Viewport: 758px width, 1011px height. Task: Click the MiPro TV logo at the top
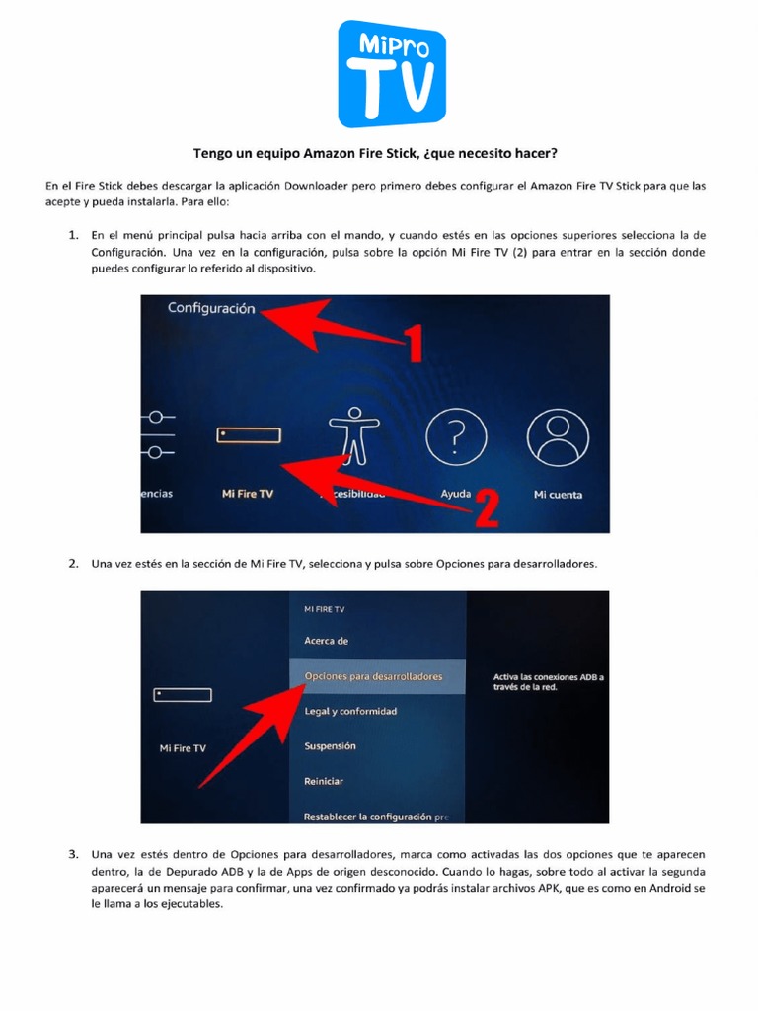point(392,74)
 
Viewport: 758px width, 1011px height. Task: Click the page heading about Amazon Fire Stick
point(380,153)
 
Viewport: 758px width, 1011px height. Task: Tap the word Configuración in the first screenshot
point(211,308)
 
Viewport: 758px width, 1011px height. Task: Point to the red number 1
point(414,347)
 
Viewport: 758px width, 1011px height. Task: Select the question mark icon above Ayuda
point(454,433)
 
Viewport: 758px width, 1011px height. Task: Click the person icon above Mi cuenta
point(558,433)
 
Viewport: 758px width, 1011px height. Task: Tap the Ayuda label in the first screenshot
point(455,494)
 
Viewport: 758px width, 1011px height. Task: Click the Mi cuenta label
point(558,494)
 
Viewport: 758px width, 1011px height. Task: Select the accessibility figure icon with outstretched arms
point(352,435)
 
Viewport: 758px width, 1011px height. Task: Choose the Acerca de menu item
point(326,641)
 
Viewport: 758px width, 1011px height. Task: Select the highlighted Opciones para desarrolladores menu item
point(375,676)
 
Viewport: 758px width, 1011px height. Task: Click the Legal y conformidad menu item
point(350,712)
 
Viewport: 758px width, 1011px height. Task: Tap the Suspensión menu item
point(330,746)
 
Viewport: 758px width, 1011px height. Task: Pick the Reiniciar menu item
point(324,781)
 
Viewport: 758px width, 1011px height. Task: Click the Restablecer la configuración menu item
point(376,817)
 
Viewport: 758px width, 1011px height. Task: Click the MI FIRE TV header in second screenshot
point(324,610)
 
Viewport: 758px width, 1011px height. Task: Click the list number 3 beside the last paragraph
point(73,853)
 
